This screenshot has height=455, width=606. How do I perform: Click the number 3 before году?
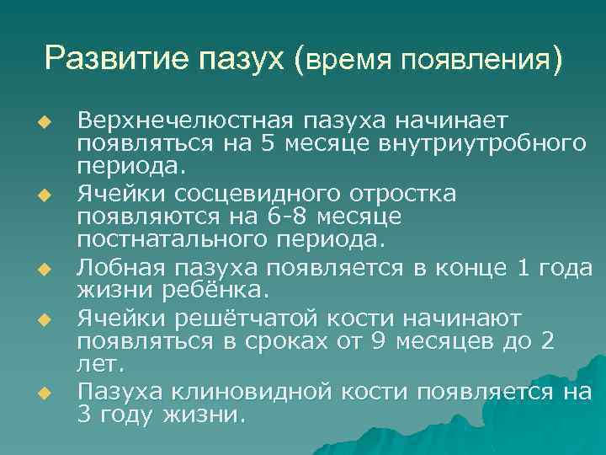click(84, 415)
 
